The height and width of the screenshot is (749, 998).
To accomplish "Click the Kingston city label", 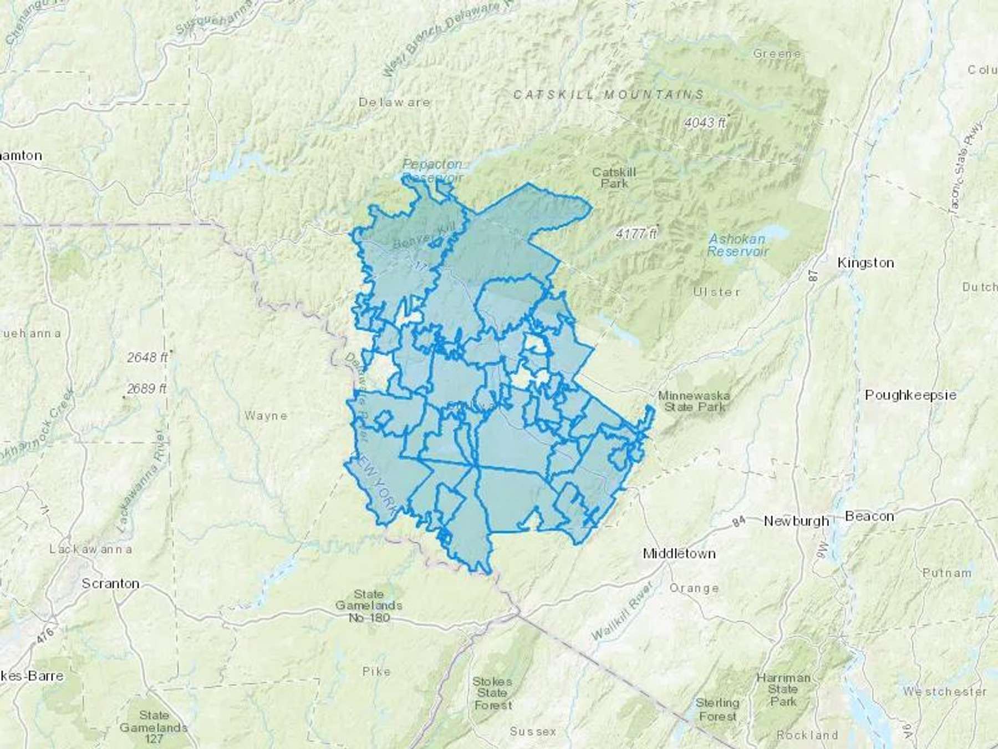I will tap(865, 263).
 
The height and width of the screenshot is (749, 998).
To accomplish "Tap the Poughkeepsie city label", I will tap(910, 395).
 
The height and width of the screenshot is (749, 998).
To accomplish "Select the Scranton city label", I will tap(110, 584).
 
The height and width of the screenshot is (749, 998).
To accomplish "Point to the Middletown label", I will tap(679, 553).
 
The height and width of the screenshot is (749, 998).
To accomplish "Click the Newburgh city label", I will tap(796, 521).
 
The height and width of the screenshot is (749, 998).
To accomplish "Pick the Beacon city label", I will tap(869, 517).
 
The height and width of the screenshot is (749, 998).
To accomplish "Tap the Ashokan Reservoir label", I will tap(737, 245).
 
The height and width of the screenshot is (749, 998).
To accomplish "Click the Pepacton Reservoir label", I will tap(432, 170).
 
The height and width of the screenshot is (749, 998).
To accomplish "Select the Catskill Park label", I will tap(614, 178).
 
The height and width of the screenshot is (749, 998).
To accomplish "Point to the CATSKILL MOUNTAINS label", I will tap(609, 95).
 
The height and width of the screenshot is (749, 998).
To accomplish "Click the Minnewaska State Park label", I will tap(694, 401).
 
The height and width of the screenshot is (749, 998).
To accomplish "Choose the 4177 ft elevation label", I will tap(635, 234).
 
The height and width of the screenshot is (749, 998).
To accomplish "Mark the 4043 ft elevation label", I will tap(705, 122).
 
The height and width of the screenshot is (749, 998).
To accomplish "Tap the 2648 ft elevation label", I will tap(147, 357).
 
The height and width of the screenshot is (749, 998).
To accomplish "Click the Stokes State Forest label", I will tap(492, 693).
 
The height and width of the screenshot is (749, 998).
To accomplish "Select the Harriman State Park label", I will tap(783, 690).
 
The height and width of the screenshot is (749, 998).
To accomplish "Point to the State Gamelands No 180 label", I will tap(369, 606).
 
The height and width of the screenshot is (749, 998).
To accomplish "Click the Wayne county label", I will tap(266, 416).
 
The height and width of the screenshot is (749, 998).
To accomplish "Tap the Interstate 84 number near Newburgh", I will tap(738, 521).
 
